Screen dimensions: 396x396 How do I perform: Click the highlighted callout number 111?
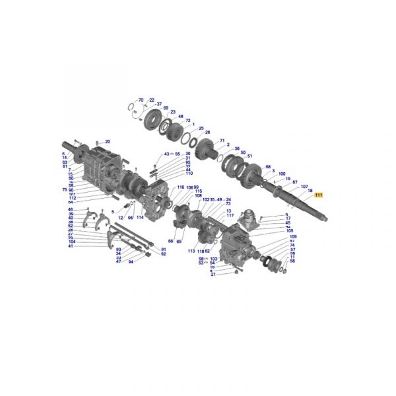click(x=319, y=195)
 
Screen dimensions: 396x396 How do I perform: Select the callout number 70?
click(x=141, y=100)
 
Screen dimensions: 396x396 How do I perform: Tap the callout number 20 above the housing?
click(x=108, y=142)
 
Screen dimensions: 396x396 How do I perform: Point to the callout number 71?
click(x=222, y=141)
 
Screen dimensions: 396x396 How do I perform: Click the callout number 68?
click(x=268, y=167)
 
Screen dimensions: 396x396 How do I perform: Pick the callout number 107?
click(x=304, y=187)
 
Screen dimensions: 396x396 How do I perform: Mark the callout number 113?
click(x=191, y=251)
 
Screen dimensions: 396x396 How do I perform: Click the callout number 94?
click(x=131, y=262)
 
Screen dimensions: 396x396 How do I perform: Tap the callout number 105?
click(x=290, y=231)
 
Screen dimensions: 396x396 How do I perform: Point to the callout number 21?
click(x=213, y=275)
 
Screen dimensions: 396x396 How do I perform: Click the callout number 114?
click(x=140, y=218)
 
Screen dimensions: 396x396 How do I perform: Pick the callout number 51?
click(x=249, y=156)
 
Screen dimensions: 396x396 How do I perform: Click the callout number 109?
click(x=292, y=236)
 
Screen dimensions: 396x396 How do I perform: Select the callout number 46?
click(x=71, y=209)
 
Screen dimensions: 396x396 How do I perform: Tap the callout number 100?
click(x=282, y=174)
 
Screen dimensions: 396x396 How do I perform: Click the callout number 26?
click(x=207, y=132)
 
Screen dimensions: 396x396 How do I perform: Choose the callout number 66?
click(x=170, y=242)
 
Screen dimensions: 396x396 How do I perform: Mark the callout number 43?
click(x=167, y=154)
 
